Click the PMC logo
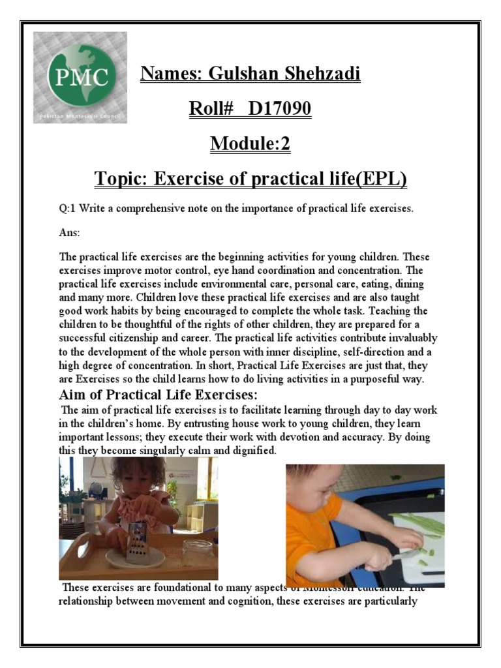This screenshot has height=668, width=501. coord(80,77)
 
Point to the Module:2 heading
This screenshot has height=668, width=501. coord(250,144)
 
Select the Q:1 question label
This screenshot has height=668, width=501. coord(67,209)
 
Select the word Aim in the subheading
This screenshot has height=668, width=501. coord(73,395)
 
